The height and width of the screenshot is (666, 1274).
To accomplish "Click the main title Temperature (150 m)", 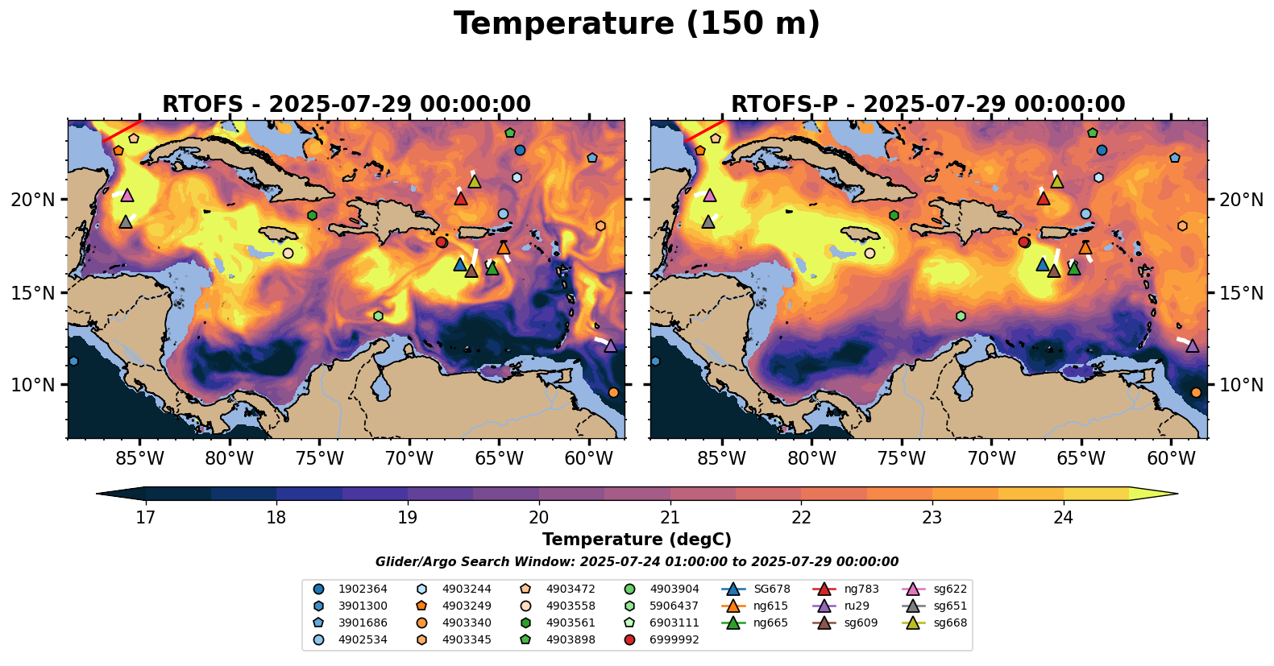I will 637,24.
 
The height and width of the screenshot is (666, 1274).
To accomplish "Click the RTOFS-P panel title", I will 927,105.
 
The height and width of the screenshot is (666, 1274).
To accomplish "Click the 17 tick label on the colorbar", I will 145,517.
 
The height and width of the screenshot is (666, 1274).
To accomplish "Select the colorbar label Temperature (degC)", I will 637,540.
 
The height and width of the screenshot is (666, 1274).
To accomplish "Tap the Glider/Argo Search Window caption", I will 637,562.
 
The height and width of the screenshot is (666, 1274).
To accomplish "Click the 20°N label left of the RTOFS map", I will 33,200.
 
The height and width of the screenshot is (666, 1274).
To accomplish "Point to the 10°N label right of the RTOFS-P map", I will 1241,385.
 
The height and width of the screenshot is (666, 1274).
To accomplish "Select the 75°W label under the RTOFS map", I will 319,459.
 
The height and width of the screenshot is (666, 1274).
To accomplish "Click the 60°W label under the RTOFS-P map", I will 1171,459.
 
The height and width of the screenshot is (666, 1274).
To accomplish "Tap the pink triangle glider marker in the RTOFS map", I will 127,195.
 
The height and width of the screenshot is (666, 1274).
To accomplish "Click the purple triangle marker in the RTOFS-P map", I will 1193,345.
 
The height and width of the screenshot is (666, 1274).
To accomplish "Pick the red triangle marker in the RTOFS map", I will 461,198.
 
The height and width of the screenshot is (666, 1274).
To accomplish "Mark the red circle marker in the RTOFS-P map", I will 1024,242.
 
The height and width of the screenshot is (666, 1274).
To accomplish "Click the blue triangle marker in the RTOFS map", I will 460,264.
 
